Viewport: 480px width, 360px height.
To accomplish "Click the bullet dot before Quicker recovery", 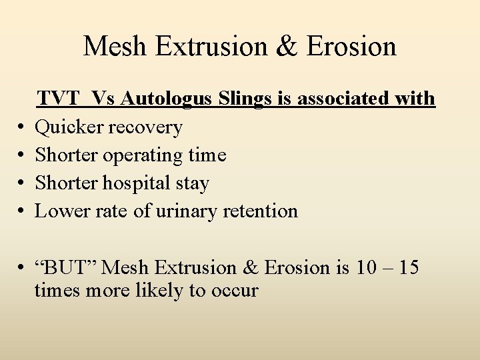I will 22,127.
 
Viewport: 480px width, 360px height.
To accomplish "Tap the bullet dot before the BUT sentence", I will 22,268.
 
